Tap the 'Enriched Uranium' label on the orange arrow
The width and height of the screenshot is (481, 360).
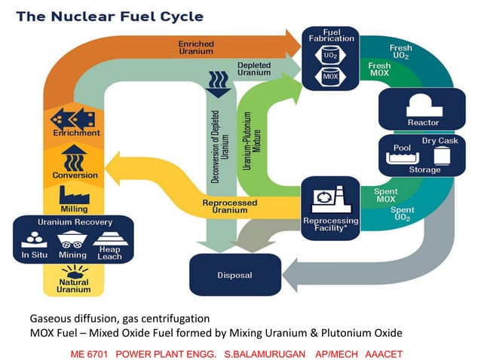[195, 47]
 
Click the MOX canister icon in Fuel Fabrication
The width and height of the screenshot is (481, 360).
[330, 77]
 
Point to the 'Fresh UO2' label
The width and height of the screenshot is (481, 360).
[400, 51]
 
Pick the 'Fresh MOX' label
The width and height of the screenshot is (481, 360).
[379, 70]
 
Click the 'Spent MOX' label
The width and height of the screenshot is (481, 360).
[385, 196]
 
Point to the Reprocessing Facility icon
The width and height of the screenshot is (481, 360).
[330, 197]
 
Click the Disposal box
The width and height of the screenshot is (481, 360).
[234, 275]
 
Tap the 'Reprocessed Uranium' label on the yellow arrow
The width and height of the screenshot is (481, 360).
[229, 206]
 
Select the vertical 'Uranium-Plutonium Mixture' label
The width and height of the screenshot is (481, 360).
[250, 139]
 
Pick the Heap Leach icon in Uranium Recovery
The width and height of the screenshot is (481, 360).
[109, 239]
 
